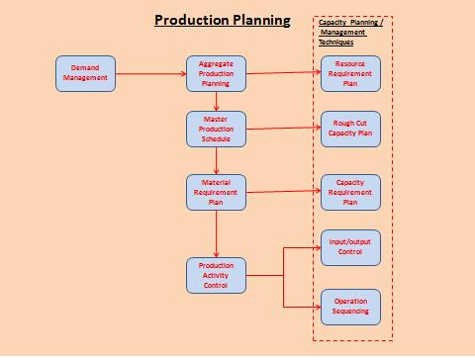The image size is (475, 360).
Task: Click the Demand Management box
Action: point(86,72)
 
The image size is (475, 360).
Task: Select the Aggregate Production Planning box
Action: point(216,72)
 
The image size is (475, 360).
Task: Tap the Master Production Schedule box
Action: point(216,129)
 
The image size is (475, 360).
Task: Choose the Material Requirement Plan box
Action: point(216,192)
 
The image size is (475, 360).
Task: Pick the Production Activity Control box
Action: point(216,275)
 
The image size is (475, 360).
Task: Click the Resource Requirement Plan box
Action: point(349,72)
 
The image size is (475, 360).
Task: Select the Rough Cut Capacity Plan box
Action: point(349,129)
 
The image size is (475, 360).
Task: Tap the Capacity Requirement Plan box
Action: point(349,192)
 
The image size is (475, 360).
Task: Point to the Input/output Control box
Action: point(349,247)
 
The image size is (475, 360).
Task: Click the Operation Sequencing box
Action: point(349,306)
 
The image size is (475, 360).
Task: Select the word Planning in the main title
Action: point(259,20)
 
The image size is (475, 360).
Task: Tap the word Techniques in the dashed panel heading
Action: point(335,43)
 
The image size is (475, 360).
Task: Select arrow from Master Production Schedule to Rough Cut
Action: point(282,128)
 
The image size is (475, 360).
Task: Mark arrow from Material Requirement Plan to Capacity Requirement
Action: point(282,191)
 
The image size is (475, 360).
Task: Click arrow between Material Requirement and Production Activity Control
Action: point(217,233)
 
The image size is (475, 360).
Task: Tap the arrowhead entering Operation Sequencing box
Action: point(316,306)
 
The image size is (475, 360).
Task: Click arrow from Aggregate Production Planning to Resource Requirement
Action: point(282,71)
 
